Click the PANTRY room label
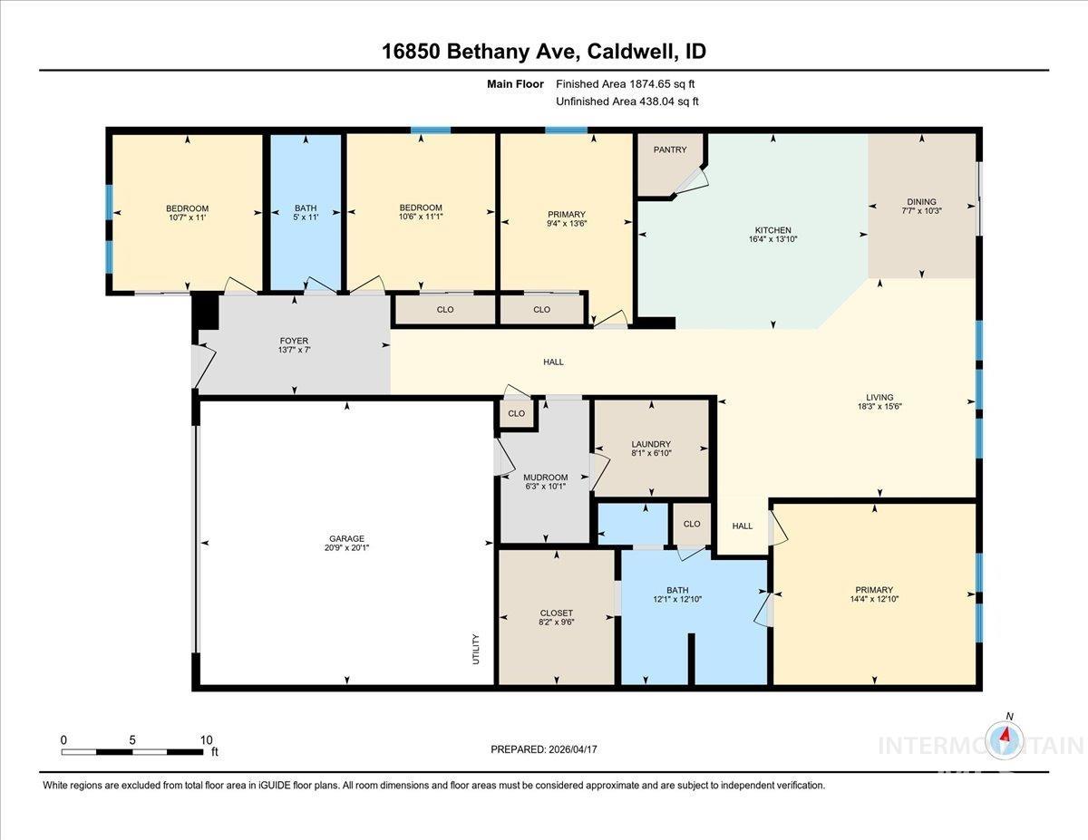click(x=670, y=150)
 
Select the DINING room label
click(x=921, y=202)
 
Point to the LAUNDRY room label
click(x=650, y=444)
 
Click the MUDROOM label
click(x=545, y=478)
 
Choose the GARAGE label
click(x=347, y=538)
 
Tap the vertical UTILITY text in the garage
click(x=475, y=649)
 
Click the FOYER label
click(x=294, y=342)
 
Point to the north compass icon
click(x=1005, y=737)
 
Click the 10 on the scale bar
click(x=206, y=739)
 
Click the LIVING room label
click(x=879, y=397)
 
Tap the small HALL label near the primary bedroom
click(x=742, y=526)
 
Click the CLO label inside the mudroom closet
click(x=516, y=413)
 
